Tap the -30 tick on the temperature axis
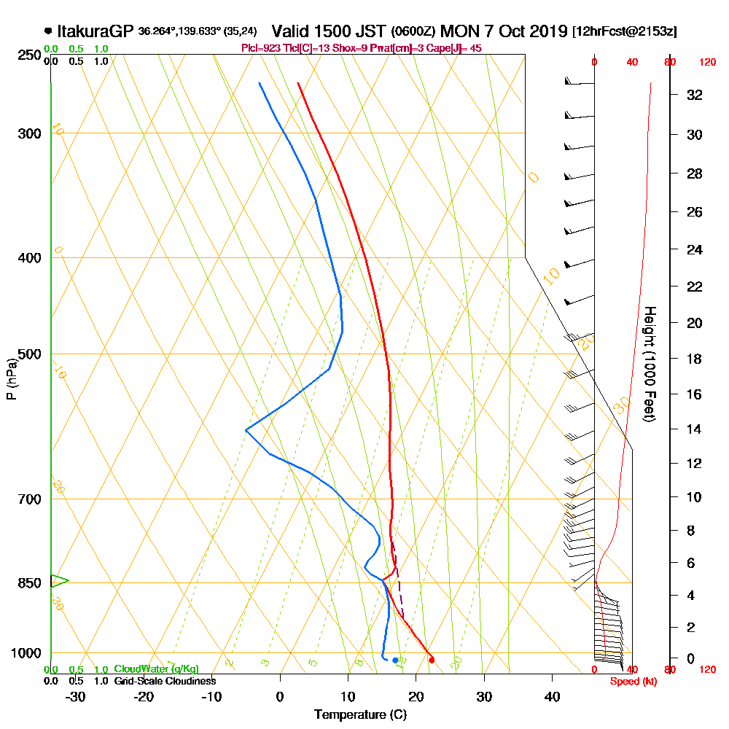click(76, 696)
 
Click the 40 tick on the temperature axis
click(553, 696)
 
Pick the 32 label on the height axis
click(694, 95)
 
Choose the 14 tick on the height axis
click(694, 429)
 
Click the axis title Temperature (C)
click(360, 715)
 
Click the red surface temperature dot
click(432, 660)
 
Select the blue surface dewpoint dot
click(395, 660)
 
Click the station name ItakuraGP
click(95, 31)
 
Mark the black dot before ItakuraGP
click(48, 31)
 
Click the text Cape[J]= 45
click(456, 48)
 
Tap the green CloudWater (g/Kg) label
click(156, 669)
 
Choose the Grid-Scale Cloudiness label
click(165, 681)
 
